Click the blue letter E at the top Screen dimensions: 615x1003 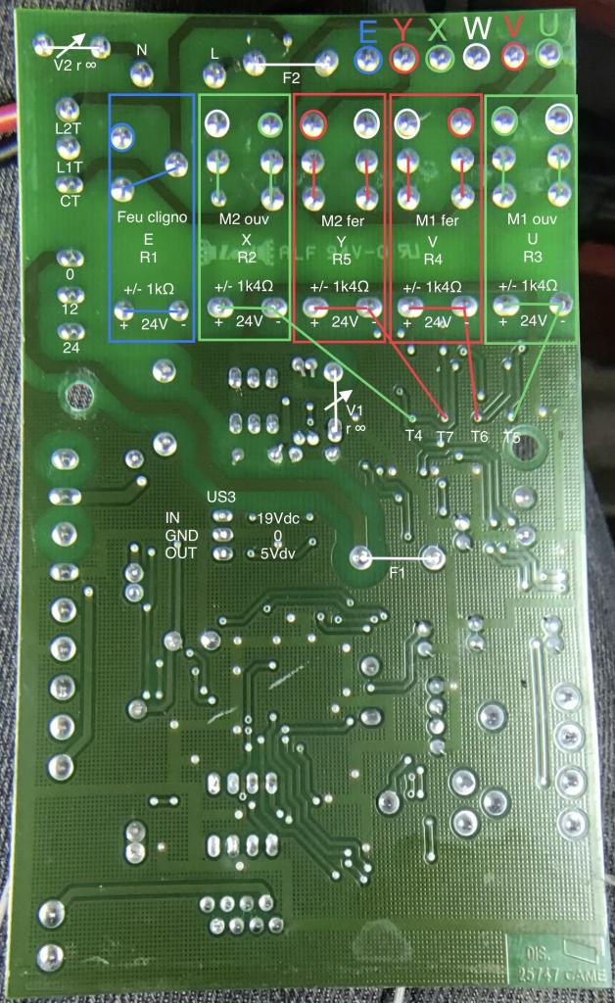[x=367, y=30]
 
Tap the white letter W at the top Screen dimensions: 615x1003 [x=477, y=29]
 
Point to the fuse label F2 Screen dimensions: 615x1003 [x=292, y=78]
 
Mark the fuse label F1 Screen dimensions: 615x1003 [x=396, y=572]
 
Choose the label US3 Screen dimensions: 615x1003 [x=221, y=497]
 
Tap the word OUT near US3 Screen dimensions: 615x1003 [x=181, y=552]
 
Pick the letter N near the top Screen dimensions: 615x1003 [x=142, y=49]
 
